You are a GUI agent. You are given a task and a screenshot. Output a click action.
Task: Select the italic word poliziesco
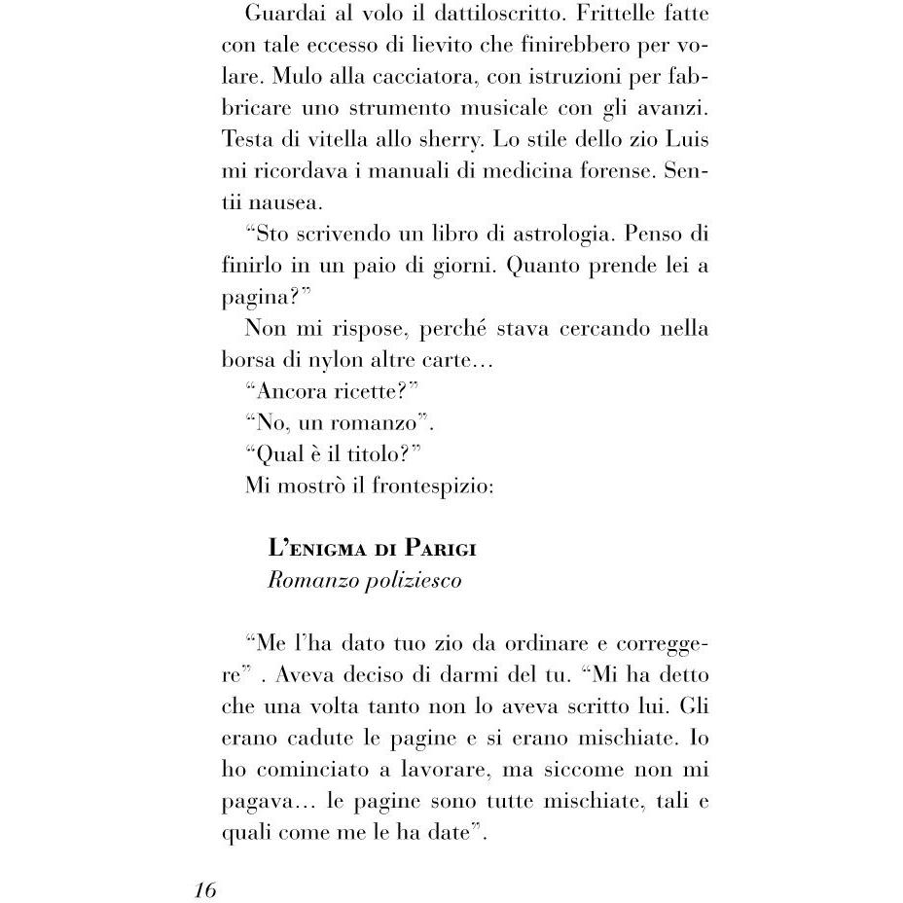(413, 580)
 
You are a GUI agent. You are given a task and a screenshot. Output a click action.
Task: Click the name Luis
(685, 139)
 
